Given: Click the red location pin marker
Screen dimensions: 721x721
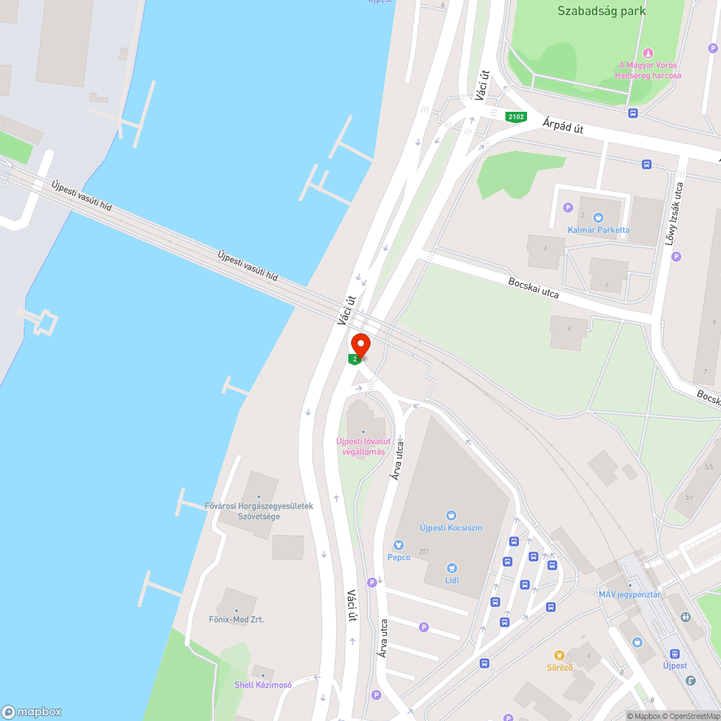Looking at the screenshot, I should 360,345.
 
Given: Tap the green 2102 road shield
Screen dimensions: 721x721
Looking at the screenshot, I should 516,117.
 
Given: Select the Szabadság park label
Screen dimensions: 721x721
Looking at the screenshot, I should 601,11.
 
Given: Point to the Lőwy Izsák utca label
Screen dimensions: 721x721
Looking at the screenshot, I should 678,213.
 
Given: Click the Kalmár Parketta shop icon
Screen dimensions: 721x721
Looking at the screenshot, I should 598,217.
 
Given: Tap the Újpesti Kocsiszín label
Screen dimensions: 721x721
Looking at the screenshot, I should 451,527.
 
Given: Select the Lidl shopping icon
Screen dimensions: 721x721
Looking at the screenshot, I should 452,568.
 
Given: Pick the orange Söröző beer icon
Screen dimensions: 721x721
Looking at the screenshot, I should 559,655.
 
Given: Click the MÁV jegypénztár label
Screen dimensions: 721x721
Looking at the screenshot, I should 629,595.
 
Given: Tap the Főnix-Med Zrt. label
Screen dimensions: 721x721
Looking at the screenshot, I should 236,619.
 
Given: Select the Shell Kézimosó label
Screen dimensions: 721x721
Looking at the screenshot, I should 263,684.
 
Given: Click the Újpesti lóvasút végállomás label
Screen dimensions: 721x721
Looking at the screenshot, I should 363,446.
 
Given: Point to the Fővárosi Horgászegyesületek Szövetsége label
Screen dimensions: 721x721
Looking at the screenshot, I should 259,510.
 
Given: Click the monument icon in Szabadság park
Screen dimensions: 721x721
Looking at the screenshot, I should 647,53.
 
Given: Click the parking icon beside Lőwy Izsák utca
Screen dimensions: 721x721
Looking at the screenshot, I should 676,257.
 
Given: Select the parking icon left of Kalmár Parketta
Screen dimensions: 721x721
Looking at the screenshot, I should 567,208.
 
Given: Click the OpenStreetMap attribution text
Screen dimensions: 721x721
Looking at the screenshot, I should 690,716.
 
